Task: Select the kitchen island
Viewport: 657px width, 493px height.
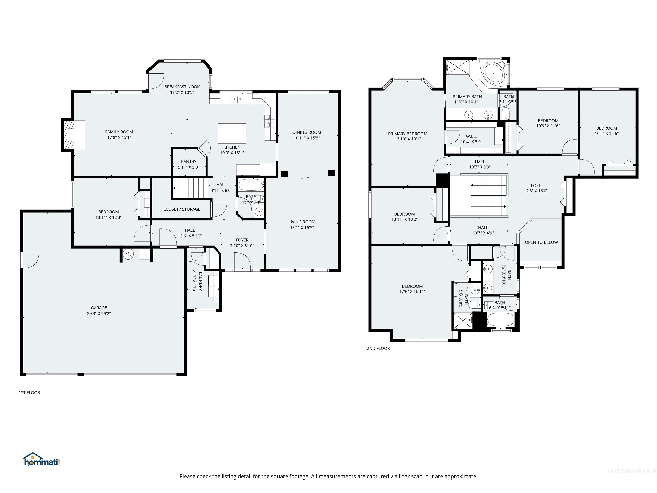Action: click(232, 134)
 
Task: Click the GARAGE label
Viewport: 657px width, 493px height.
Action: click(99, 308)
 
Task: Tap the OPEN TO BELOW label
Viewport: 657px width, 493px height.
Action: click(541, 242)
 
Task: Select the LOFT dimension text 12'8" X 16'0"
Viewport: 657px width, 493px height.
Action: click(536, 191)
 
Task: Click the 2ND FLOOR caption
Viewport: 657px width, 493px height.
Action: click(378, 348)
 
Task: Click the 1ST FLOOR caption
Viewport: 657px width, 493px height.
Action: click(29, 393)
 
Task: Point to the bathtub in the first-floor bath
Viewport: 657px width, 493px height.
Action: click(251, 185)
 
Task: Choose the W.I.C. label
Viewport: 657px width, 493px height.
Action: click(471, 136)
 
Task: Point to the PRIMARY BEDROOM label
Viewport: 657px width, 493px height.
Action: click(407, 134)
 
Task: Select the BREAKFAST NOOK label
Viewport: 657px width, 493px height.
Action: click(182, 87)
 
